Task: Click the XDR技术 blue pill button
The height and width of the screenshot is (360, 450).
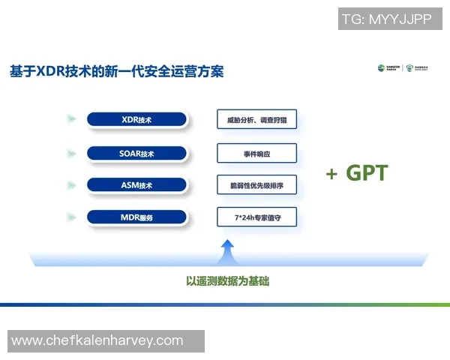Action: click(136, 119)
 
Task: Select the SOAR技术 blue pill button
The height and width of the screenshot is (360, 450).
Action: click(136, 153)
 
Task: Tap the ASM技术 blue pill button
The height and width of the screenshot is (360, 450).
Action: click(136, 184)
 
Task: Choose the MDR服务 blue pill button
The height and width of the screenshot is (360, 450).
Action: click(136, 217)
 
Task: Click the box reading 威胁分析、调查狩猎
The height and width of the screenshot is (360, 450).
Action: click(256, 119)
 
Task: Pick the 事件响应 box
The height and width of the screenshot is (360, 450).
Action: click(256, 153)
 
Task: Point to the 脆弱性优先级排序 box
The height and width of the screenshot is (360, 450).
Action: click(256, 184)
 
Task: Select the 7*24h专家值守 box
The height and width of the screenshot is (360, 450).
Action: click(256, 217)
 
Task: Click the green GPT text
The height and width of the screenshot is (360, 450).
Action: click(367, 173)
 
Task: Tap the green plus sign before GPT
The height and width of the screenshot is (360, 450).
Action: click(331, 174)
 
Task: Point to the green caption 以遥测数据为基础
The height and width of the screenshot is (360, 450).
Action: click(227, 281)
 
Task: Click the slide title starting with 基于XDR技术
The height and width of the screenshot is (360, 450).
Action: click(116, 71)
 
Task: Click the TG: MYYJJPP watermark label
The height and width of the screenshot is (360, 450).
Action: click(386, 19)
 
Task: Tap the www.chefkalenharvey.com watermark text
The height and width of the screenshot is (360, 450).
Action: click(97, 340)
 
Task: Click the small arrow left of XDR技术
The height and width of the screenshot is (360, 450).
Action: click(70, 119)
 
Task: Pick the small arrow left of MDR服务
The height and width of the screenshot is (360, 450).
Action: click(70, 217)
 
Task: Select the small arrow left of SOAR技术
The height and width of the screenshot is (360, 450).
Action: click(70, 153)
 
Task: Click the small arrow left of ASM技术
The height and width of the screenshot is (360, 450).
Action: click(70, 184)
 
